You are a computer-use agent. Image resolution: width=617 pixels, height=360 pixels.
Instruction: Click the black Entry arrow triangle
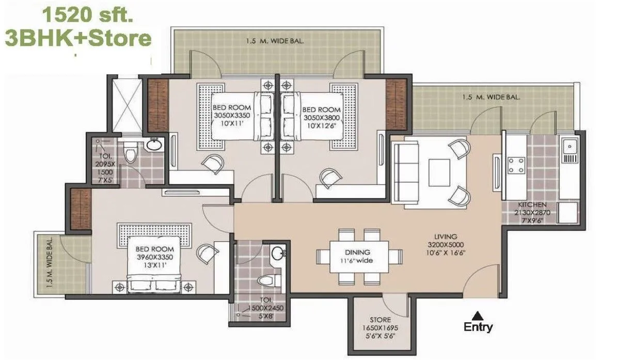(x=478, y=314)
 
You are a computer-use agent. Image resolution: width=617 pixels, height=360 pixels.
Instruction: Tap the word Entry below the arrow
(x=478, y=327)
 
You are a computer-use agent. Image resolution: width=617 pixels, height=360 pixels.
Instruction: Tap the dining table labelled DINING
(x=359, y=256)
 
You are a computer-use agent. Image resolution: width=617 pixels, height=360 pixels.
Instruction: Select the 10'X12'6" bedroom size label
(x=321, y=124)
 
